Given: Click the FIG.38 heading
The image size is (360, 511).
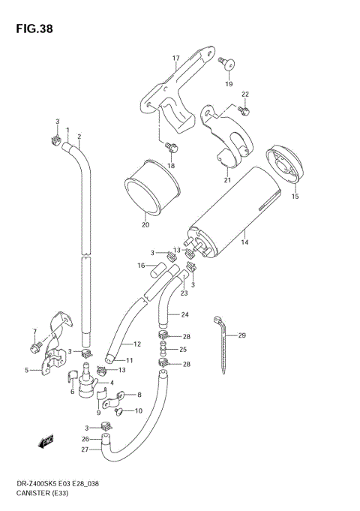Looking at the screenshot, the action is (34, 29).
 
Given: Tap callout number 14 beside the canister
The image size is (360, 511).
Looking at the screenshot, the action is (244, 242).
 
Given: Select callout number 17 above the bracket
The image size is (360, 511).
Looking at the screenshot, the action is (176, 59).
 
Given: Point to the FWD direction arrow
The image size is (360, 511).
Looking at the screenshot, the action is (45, 441).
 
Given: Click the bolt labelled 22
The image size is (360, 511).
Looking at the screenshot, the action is (244, 111).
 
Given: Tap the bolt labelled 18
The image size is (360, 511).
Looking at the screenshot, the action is (171, 147).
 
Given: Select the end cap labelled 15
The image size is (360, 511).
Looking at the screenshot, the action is (285, 165).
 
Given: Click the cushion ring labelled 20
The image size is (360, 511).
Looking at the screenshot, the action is (152, 188).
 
